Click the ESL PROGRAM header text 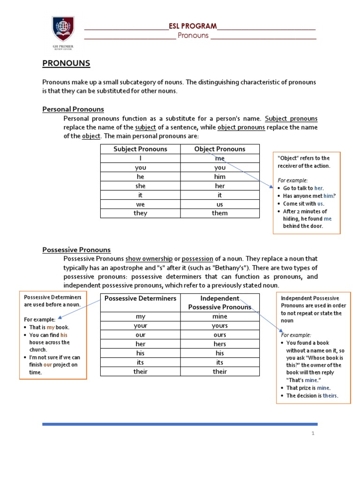193,26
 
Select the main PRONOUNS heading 66,63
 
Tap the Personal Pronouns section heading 73,109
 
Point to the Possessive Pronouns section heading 76,250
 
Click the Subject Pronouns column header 140,149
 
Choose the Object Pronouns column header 219,149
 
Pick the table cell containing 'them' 219,213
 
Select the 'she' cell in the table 140,186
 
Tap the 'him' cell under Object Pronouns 219,177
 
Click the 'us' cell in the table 219,204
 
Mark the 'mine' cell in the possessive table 219,316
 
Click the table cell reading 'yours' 219,326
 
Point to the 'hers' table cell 219,344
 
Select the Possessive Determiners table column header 140,299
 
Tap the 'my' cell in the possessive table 140,316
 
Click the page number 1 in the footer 313,434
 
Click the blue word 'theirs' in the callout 330,396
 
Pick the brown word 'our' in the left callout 47,365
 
